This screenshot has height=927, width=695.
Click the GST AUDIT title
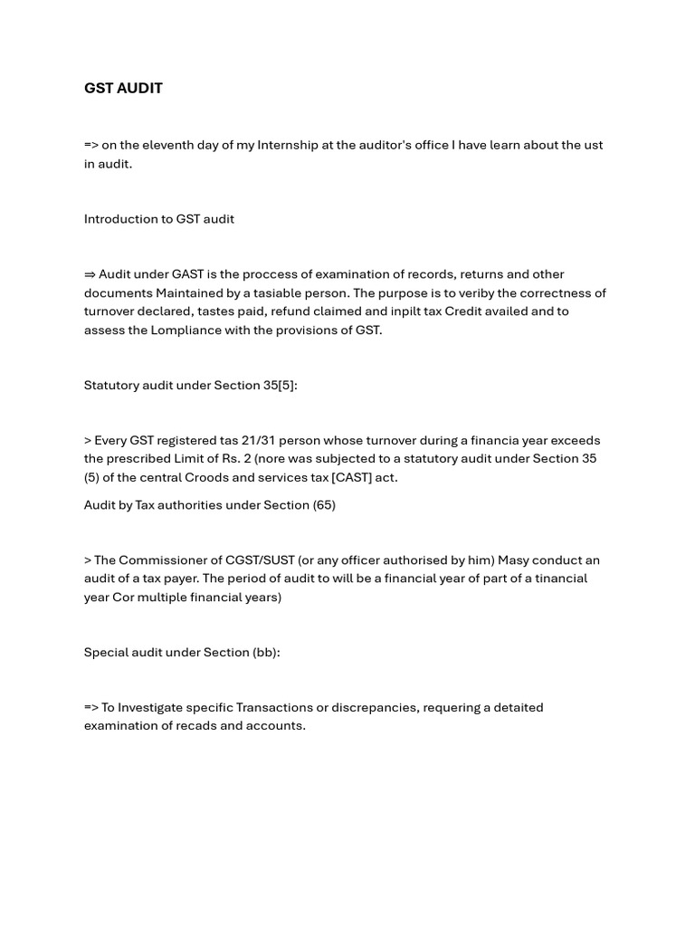coord(123,89)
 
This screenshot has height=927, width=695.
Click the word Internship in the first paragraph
coord(288,145)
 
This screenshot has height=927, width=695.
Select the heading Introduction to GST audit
coord(159,219)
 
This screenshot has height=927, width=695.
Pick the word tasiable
coord(281,292)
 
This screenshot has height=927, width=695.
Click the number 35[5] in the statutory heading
coord(280,385)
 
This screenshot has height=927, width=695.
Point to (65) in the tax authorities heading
coord(324,505)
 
